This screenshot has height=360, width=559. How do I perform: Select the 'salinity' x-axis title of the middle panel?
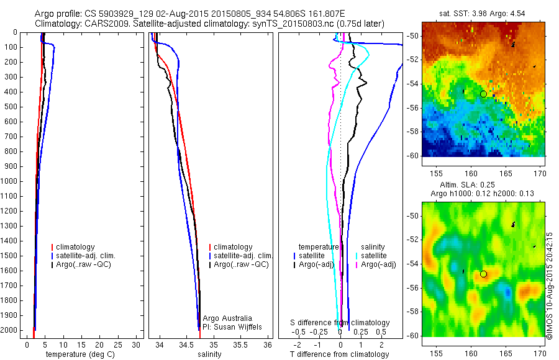[209, 354]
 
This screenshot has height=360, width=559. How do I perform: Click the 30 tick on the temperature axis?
[137, 345]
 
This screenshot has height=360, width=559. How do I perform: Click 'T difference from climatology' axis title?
[339, 354]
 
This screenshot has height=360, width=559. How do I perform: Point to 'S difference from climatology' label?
[340, 323]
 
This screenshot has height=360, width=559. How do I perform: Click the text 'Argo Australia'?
[228, 318]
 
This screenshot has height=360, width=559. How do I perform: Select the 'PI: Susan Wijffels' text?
[232, 326]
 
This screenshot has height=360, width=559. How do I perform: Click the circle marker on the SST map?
[483, 94]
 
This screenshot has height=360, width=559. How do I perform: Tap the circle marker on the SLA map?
[483, 274]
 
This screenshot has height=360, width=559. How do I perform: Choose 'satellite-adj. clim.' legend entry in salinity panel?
[243, 256]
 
